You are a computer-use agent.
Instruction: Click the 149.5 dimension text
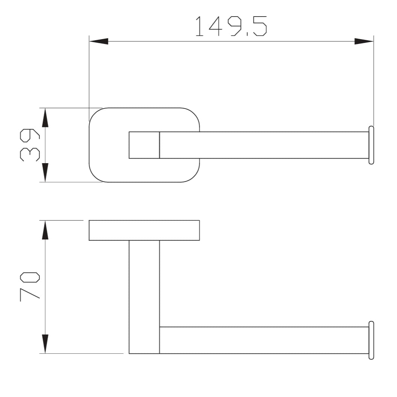(231, 26)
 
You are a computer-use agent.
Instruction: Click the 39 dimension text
(30, 145)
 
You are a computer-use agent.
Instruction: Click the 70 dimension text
(30, 286)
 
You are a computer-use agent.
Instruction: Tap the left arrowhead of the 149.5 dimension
(98, 41)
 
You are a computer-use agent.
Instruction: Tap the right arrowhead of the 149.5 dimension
(364, 41)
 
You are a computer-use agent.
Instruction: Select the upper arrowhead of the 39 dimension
(45, 117)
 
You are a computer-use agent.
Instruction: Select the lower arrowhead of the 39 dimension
(45, 173)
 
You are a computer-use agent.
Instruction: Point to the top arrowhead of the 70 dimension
(45, 230)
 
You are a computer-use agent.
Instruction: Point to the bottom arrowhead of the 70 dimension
(45, 344)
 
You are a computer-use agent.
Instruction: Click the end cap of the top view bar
(371, 145)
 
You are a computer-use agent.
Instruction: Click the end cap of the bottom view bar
(371, 340)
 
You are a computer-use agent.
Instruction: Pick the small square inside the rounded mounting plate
(144, 145)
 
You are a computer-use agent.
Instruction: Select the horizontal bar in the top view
(263, 145)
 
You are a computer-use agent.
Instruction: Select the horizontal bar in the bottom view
(263, 340)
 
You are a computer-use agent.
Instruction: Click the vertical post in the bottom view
(144, 297)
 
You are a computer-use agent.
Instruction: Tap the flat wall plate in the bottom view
(144, 230)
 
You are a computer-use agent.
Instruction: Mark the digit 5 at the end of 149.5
(260, 26)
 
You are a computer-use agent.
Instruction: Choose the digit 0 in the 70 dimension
(30, 277)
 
